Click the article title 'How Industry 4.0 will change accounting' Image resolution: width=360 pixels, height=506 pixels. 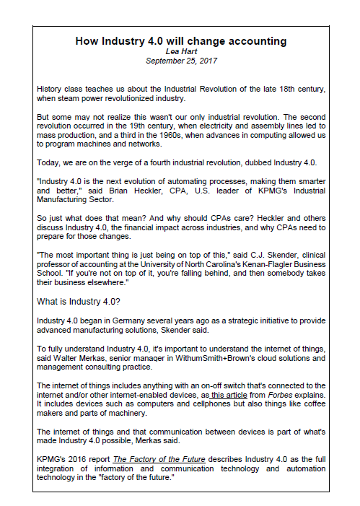pos(180,41)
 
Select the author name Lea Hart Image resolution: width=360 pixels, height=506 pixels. pos(180,51)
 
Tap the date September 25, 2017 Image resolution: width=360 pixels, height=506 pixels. pos(180,61)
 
